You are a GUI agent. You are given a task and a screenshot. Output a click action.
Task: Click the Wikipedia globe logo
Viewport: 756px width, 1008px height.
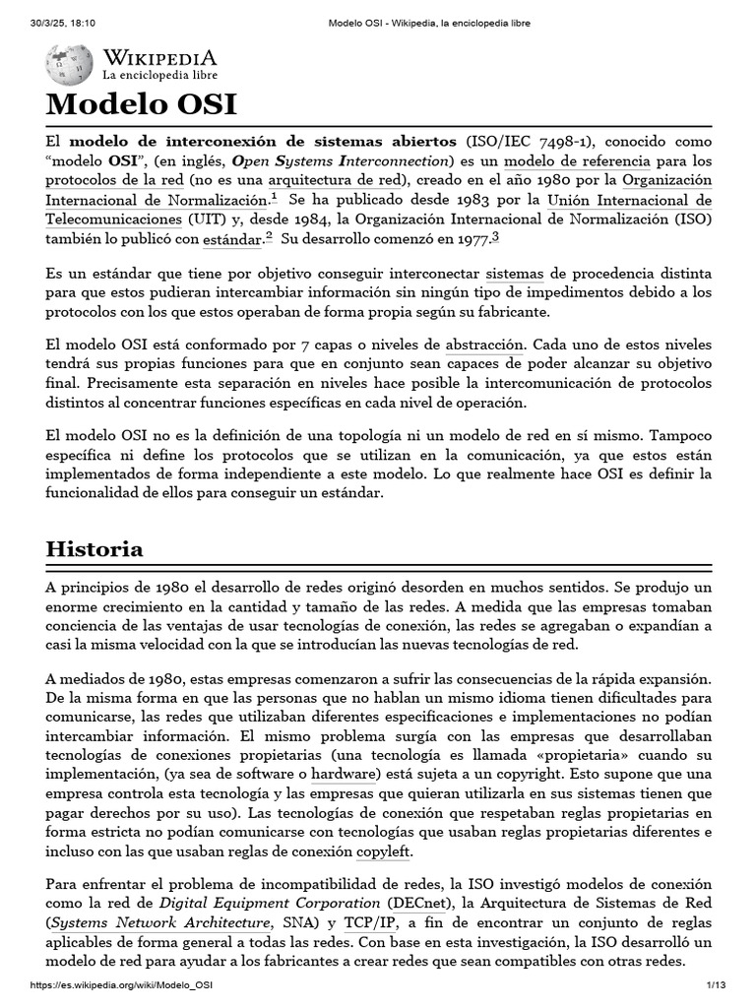coord(69,64)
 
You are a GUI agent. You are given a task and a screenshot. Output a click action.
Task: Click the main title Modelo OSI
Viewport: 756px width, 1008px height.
coord(142,105)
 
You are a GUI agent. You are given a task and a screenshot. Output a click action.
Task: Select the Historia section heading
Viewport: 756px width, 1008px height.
coord(94,549)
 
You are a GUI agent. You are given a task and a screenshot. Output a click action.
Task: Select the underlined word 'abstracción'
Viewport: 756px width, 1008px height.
coord(485,346)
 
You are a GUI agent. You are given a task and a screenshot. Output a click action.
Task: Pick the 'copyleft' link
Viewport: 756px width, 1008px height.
coord(384,851)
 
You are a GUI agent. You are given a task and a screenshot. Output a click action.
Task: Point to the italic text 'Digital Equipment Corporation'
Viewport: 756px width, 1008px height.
coord(270,903)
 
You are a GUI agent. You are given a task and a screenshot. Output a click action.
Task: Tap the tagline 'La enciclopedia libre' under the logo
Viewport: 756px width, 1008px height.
coord(160,75)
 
